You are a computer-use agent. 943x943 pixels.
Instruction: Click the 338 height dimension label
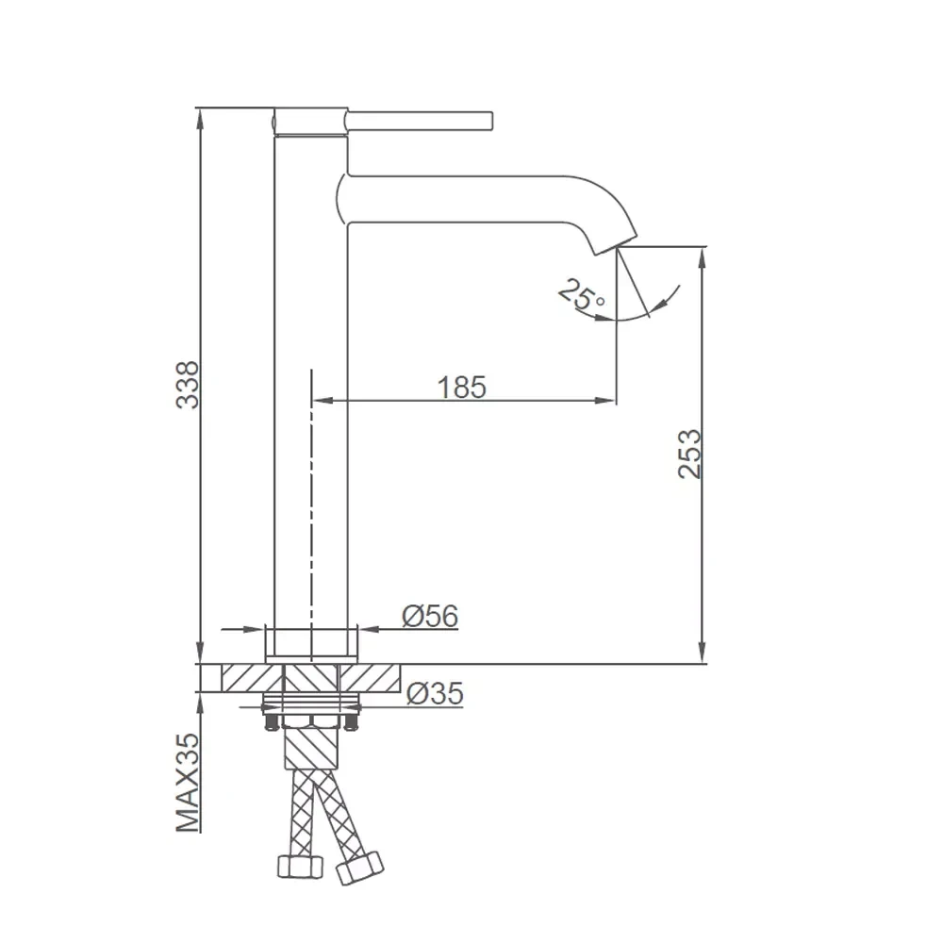tap(187, 385)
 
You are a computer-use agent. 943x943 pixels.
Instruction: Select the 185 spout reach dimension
tap(461, 388)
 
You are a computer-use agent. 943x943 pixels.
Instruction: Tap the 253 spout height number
tap(689, 455)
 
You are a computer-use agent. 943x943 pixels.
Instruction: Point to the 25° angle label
tap(581, 295)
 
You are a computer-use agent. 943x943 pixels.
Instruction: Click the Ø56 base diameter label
tap(430, 616)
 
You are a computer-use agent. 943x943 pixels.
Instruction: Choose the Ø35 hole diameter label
tap(435, 693)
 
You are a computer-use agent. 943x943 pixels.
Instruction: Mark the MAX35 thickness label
tap(187, 783)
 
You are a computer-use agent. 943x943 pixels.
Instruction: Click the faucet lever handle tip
tap(490, 121)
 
